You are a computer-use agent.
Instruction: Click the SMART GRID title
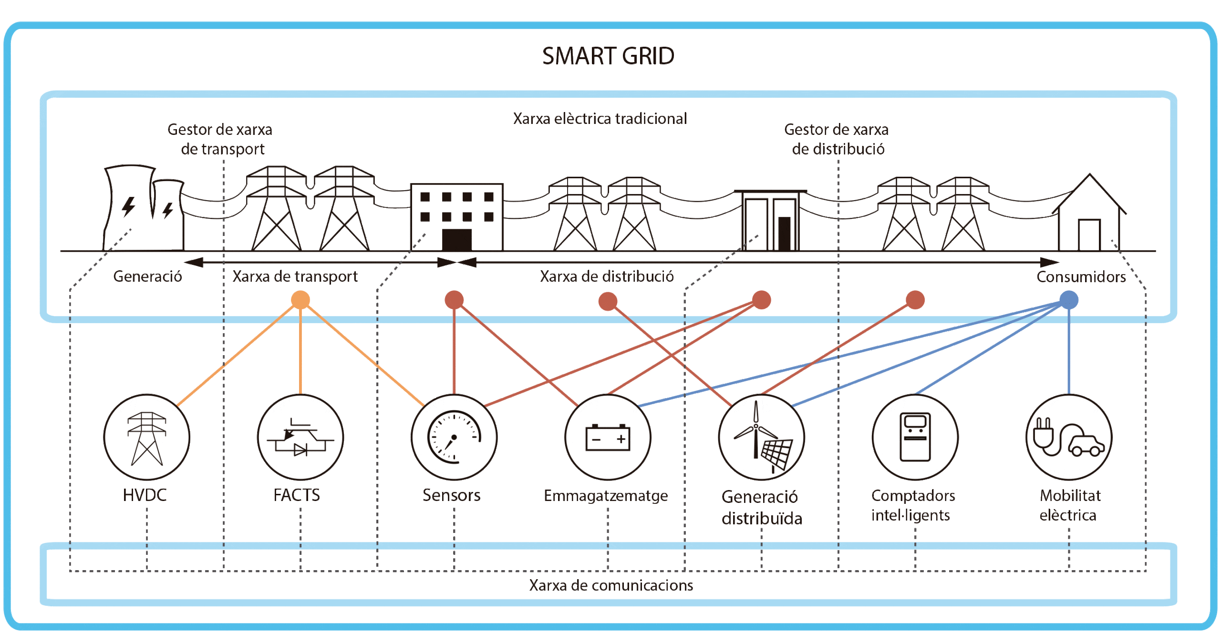[609, 56]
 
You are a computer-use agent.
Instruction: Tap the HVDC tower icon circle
[146, 437]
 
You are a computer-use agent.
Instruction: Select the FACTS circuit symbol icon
[300, 437]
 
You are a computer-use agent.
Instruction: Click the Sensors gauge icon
[454, 437]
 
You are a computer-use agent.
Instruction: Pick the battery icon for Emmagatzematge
[608, 437]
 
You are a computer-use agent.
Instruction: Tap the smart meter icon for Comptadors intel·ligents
[915, 437]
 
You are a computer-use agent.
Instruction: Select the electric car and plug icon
[1068, 437]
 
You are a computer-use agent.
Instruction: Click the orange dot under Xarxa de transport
[300, 300]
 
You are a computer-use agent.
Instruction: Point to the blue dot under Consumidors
[1068, 300]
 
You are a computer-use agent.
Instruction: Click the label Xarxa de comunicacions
[611, 585]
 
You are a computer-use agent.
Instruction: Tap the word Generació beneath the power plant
[147, 276]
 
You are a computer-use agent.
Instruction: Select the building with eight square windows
[456, 217]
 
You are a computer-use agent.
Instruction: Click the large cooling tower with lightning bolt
[128, 207]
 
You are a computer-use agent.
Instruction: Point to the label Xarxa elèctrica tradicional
[600, 118]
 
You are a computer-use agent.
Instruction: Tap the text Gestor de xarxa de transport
[220, 139]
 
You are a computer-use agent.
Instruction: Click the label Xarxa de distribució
[607, 276]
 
